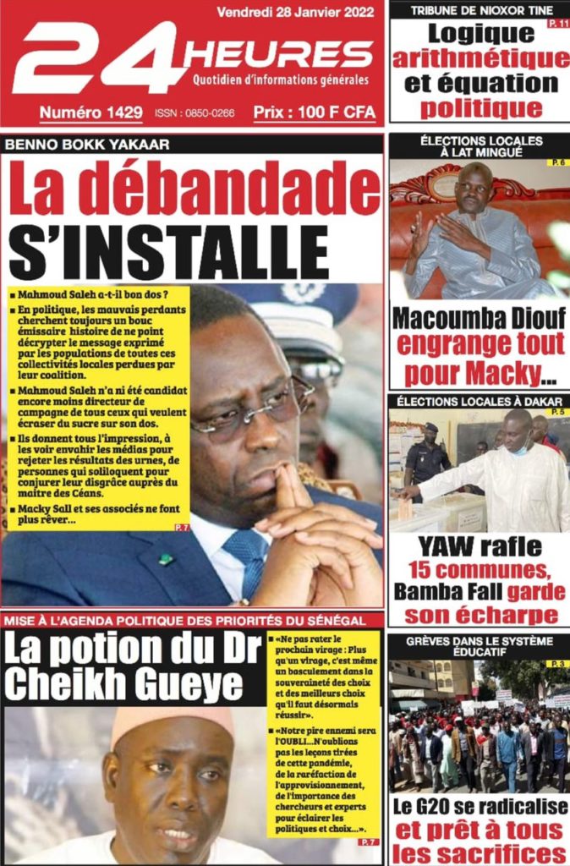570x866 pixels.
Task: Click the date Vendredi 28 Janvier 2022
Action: point(297,12)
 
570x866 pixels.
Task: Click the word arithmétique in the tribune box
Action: point(480,59)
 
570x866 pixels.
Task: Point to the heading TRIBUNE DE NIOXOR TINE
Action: point(480,10)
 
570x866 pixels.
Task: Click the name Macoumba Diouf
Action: point(478,319)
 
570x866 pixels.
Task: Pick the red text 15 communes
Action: point(480,569)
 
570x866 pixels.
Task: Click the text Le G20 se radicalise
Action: point(479,806)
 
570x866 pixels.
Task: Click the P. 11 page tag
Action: point(559,24)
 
